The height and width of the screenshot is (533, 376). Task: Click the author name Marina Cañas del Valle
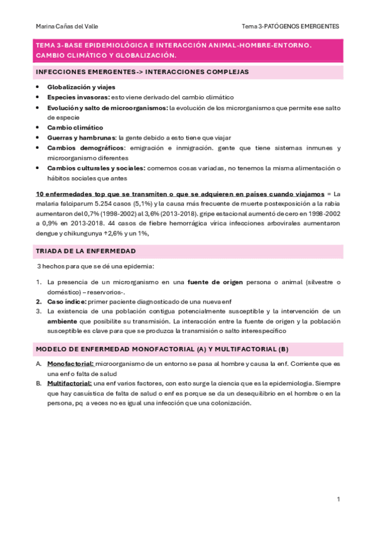[67, 26]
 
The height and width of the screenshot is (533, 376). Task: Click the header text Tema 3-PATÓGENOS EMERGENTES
[291, 26]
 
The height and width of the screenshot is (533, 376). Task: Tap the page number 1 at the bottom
[338, 499]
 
